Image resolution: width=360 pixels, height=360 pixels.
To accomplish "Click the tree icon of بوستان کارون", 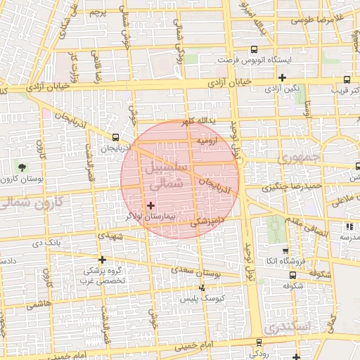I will point(22,167).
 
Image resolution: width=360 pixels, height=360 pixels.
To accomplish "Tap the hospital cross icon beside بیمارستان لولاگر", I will point(150,205).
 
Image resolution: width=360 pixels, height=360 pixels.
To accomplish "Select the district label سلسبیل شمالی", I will point(165,175).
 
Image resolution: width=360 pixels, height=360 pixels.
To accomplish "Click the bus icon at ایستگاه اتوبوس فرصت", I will point(254,49).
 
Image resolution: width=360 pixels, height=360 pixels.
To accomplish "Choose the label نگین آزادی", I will point(282,89).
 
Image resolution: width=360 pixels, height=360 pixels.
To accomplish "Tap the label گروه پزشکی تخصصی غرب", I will point(105,275).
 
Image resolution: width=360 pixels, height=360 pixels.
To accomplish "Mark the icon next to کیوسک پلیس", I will point(202,287).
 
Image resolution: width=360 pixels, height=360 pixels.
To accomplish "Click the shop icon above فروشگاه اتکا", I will point(285,251).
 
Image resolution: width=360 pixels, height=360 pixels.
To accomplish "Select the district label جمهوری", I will point(299,158).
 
